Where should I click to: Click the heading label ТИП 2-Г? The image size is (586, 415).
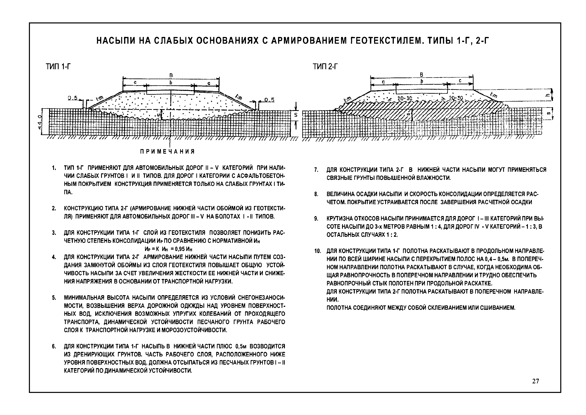coord(325,67)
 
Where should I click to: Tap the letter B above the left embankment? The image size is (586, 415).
coord(171,75)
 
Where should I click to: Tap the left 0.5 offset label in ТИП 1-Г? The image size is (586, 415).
coord(73,98)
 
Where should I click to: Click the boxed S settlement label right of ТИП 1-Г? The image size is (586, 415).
coord(296,115)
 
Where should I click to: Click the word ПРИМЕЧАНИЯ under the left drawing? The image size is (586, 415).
coord(167,152)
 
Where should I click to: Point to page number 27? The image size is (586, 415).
coord(536,381)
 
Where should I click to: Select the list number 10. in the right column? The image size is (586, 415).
coord(317,251)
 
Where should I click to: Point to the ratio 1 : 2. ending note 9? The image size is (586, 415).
coord(392,235)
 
